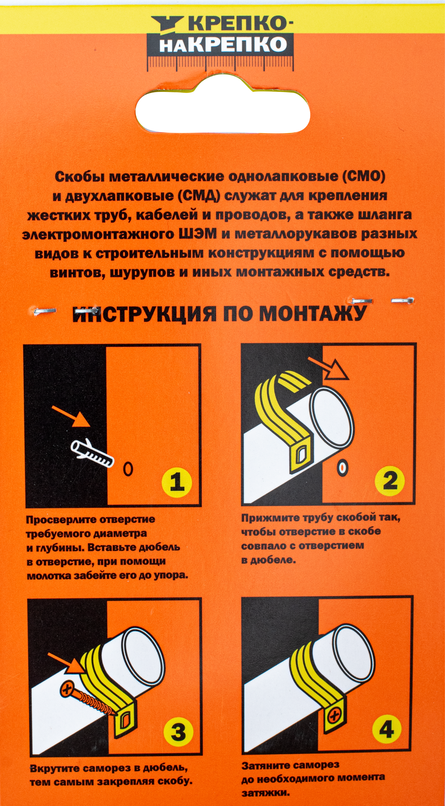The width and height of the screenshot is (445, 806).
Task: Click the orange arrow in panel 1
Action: [x=71, y=416]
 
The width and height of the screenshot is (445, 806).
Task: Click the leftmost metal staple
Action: [x=45, y=311]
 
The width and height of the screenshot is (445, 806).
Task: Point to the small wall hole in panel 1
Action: [x=128, y=469]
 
